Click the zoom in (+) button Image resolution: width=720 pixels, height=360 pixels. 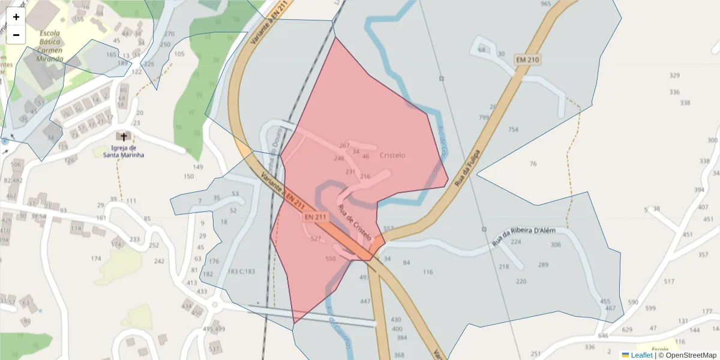click(x=16, y=17)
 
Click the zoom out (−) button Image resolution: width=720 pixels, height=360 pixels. click(x=16, y=35)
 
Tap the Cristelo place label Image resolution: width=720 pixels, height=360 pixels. click(x=392, y=155)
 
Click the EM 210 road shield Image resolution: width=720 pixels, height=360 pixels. click(x=527, y=60)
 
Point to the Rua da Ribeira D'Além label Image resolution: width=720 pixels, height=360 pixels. click(x=524, y=236)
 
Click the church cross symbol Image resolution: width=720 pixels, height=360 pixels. click(x=124, y=137)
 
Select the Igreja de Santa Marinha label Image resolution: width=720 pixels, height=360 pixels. click(x=124, y=151)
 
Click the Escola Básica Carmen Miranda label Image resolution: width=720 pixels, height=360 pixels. click(x=50, y=46)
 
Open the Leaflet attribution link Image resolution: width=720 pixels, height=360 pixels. click(x=641, y=355)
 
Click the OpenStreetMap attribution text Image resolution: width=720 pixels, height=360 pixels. click(x=687, y=355)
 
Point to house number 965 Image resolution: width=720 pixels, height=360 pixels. click(x=545, y=4)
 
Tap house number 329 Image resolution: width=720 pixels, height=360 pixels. click(x=674, y=76)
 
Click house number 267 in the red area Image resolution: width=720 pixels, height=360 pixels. click(x=344, y=146)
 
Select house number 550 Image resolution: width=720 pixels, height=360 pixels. click(x=330, y=259)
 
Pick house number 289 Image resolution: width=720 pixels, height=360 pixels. click(x=543, y=265)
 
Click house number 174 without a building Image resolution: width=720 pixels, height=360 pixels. click(x=96, y=259)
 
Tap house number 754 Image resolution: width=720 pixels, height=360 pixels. click(x=513, y=130)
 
